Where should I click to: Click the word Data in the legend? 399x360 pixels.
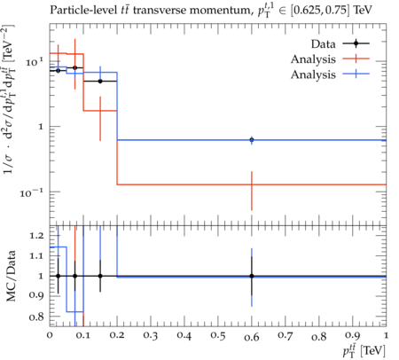323,44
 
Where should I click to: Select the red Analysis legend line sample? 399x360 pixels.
356,59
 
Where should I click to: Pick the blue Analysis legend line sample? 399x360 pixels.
356,74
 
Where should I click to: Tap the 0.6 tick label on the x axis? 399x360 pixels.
252,337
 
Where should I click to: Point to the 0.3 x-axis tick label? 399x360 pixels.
151,336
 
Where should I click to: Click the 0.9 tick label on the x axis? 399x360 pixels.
353,336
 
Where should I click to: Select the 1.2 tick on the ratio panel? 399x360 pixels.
36,236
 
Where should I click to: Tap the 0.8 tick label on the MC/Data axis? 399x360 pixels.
36,317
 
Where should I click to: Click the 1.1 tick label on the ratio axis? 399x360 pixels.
36,256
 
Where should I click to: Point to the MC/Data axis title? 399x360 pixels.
11,276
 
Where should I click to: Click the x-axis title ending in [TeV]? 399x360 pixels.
364,351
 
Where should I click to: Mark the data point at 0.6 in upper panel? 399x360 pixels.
252,140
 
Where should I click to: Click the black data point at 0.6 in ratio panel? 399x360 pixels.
252,276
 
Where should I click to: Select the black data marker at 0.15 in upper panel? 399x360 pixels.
100,81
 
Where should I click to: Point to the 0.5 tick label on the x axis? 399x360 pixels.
218,336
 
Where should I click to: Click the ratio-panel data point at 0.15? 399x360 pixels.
100,276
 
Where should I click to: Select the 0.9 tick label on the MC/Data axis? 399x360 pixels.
36,296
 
